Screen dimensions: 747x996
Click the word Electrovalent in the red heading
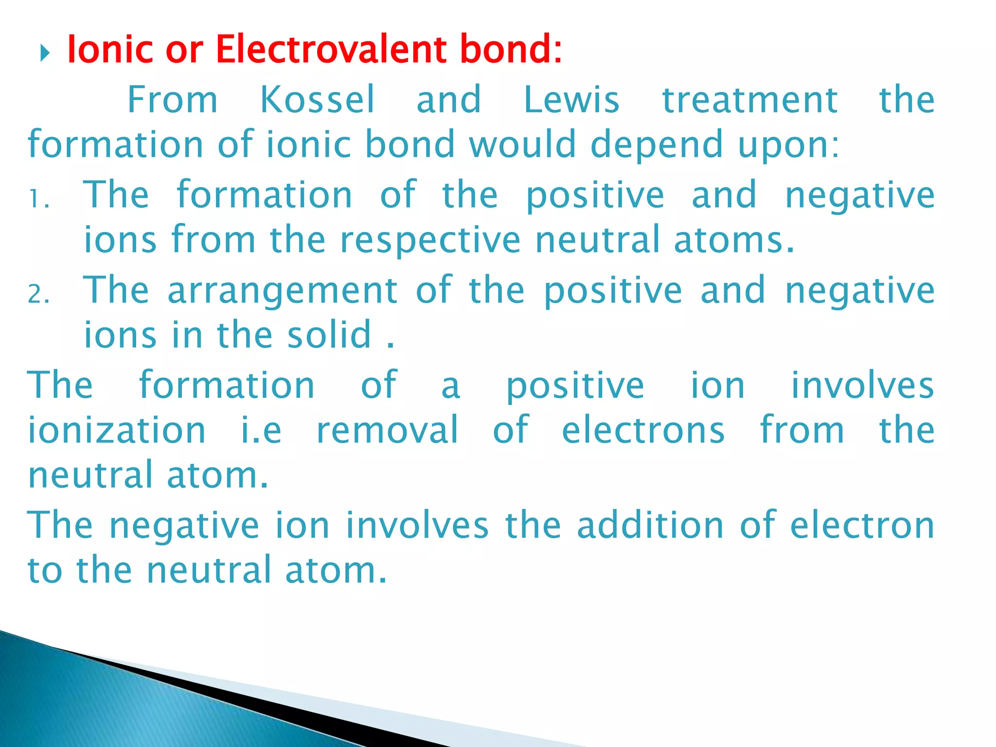331,50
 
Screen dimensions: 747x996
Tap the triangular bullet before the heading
45,53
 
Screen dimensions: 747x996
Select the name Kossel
318,100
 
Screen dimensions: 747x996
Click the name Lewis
571,100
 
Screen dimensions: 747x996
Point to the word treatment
750,100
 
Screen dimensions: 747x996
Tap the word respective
430,240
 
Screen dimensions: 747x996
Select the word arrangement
283,291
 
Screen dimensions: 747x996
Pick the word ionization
117,430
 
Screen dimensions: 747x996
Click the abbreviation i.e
261,430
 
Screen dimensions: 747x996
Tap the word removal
387,430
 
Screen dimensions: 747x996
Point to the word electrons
643,430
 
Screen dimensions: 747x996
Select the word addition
650,525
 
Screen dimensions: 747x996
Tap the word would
522,144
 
